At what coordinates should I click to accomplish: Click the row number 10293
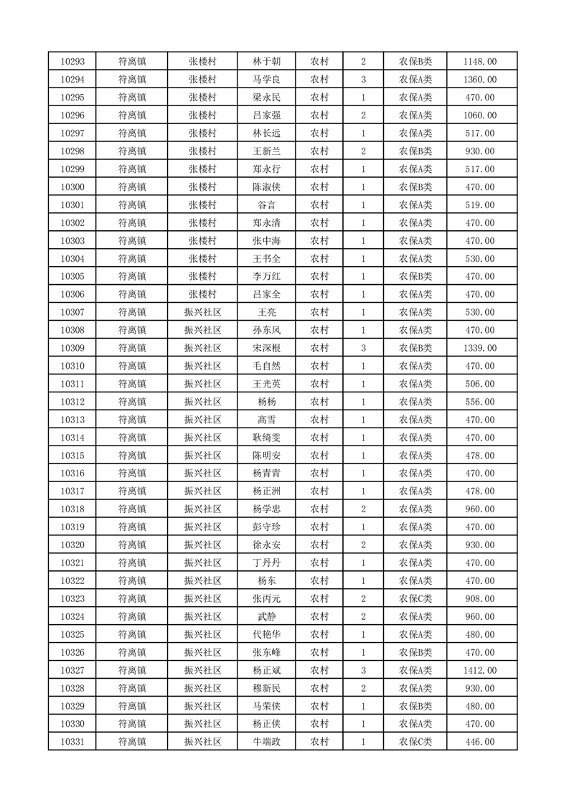(x=72, y=62)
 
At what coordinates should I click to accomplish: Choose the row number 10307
(x=72, y=312)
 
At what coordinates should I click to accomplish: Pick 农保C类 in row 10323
(x=415, y=598)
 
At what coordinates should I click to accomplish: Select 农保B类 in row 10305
(x=415, y=276)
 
